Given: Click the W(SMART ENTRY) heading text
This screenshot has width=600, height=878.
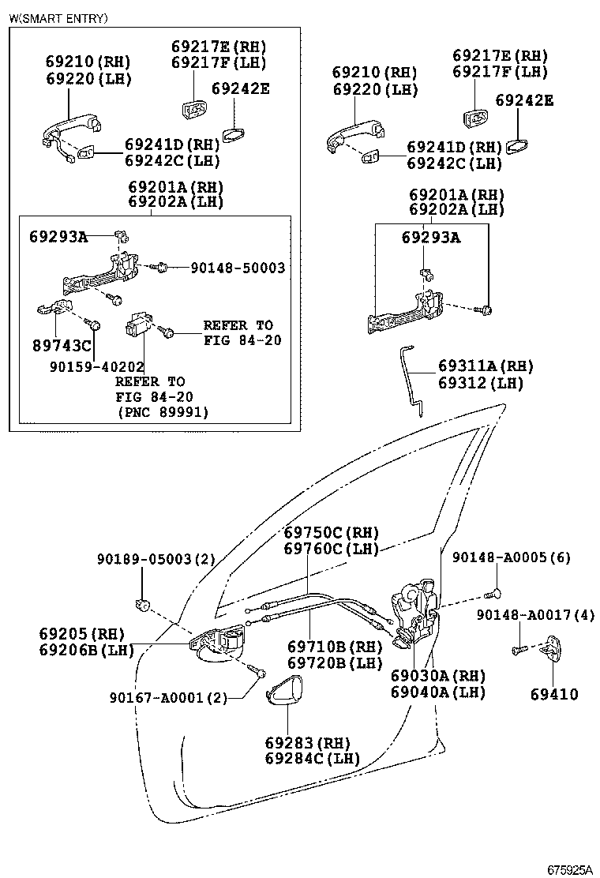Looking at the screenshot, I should point(58,18).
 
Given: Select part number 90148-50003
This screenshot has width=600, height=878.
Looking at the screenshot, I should point(238,268).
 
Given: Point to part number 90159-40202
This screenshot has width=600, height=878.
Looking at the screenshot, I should point(96,367).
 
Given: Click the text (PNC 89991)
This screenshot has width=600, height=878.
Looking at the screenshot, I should point(163,412).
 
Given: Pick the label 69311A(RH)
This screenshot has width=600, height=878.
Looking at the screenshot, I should point(486,366).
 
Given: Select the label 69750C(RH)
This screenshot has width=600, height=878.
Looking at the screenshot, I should point(331,532).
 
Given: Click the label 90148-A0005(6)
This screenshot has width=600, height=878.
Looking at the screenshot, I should point(511,558).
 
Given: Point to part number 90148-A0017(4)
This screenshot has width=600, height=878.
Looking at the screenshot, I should point(535,614).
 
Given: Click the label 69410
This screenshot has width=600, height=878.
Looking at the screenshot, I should point(553,695).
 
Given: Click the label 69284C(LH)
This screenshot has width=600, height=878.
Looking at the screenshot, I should point(312,759).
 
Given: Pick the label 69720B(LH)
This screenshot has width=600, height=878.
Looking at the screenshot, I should point(335,663).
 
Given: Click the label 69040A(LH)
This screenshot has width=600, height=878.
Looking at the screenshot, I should point(437,693).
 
